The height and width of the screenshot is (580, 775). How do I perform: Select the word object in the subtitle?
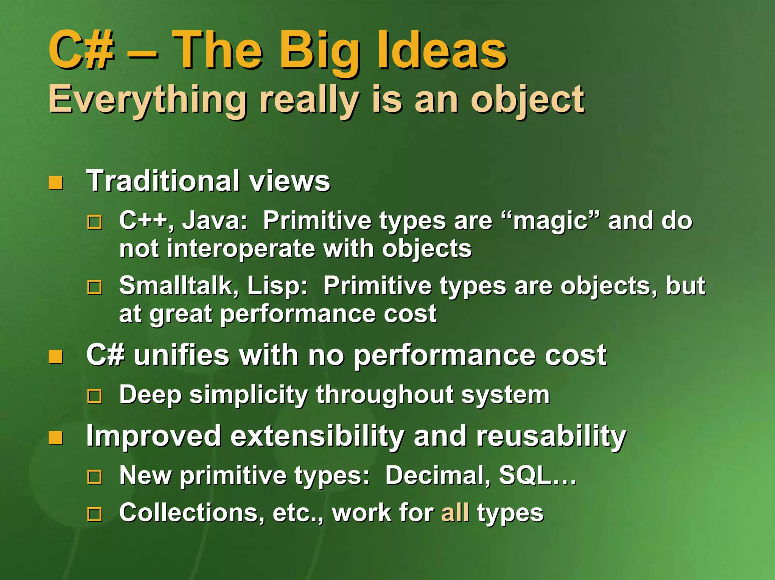click(x=528, y=100)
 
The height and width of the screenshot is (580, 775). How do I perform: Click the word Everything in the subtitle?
click(x=148, y=100)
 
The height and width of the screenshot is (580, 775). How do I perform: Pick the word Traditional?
click(x=163, y=181)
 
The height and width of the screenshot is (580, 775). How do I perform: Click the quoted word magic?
click(x=550, y=221)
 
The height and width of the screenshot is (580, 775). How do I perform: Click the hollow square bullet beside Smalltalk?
click(x=95, y=288)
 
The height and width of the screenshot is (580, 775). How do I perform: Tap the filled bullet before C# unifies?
click(x=56, y=357)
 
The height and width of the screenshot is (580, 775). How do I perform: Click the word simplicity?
click(x=249, y=395)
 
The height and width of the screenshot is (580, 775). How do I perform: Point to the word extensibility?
click(x=317, y=436)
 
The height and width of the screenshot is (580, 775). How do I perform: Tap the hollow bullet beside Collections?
click(x=95, y=514)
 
